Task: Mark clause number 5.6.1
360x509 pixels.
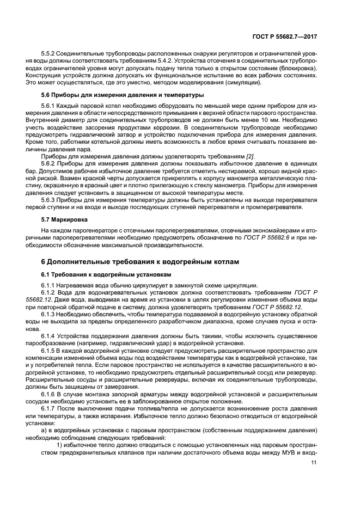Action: point(50,105)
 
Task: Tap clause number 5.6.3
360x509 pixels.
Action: point(50,199)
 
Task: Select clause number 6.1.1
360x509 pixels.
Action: point(50,286)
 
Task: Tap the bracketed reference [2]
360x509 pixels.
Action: point(250,156)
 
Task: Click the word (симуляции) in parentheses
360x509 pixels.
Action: point(242,83)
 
